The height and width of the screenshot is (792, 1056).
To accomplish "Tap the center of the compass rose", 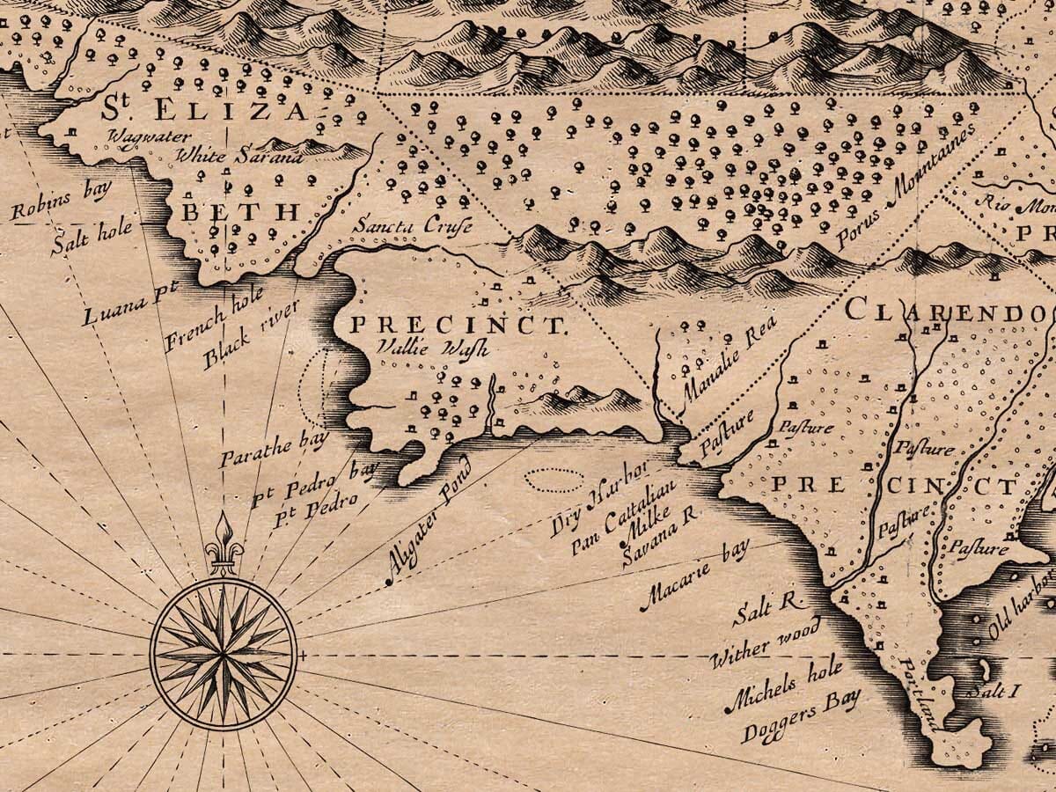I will [x=224, y=656].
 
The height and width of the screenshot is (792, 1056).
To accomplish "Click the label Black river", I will [x=250, y=335].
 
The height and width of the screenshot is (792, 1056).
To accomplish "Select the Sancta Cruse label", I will [x=412, y=226].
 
